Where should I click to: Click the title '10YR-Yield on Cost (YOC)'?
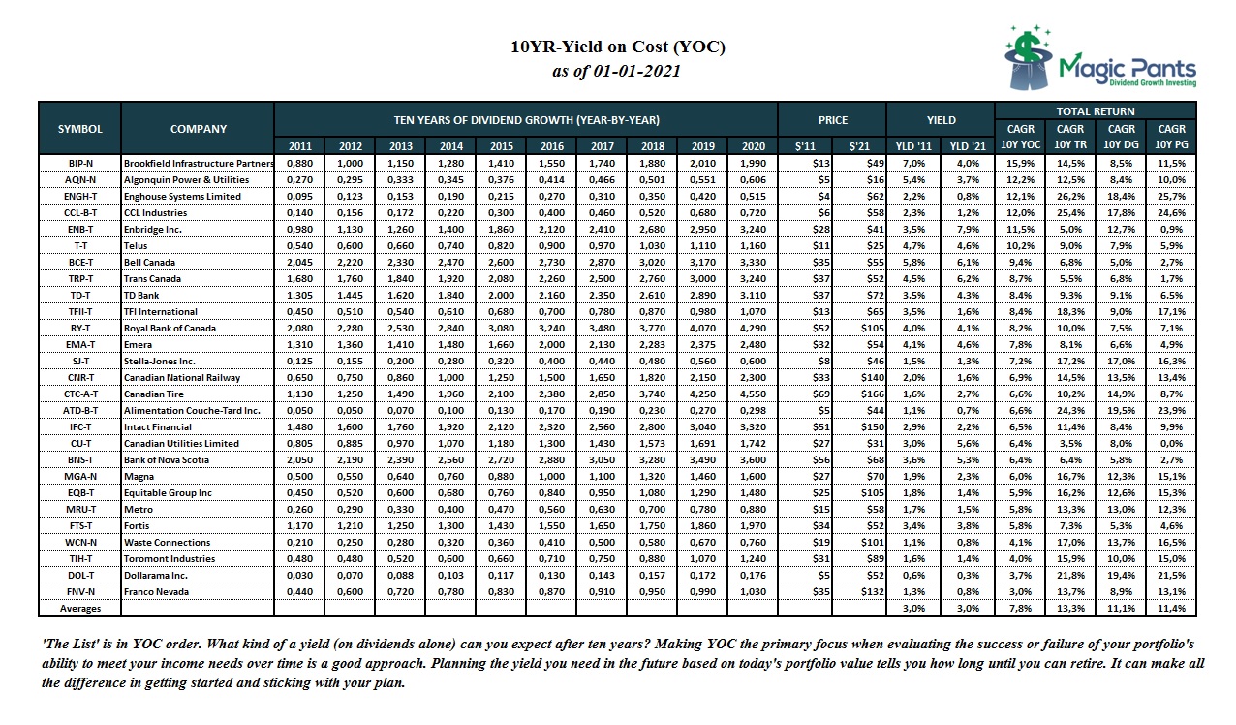[x=617, y=47]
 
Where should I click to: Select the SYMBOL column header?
[x=79, y=129]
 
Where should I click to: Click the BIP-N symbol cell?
[x=79, y=163]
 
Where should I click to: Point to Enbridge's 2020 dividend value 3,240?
[x=752, y=229]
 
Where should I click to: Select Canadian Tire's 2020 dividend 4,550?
[x=752, y=394]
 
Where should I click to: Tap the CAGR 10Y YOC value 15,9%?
[x=1020, y=163]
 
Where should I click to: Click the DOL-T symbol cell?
[x=79, y=575]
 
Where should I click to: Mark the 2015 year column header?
[x=500, y=146]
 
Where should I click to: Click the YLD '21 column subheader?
[x=966, y=146]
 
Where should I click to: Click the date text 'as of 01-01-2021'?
[x=617, y=71]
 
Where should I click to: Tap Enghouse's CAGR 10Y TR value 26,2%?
[x=1070, y=196]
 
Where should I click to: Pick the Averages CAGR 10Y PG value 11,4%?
[x=1172, y=608]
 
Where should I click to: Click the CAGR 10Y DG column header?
[x=1121, y=137]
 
